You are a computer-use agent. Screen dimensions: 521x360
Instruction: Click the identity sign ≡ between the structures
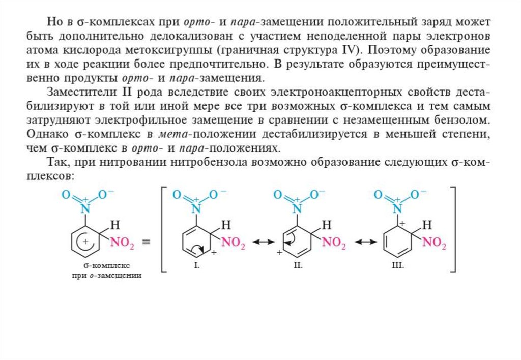pos(146,243)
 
